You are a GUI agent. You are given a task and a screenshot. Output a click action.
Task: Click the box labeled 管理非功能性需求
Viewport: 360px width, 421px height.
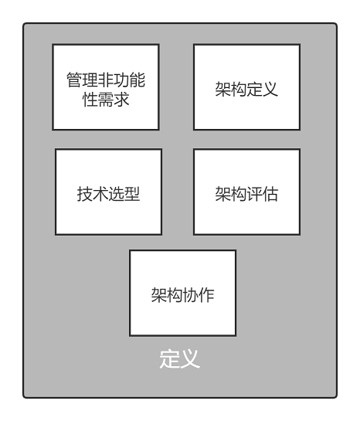(106, 87)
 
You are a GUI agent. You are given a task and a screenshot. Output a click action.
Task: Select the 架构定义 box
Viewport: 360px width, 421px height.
(246, 87)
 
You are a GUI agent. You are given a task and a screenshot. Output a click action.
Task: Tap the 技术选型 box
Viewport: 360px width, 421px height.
(108, 192)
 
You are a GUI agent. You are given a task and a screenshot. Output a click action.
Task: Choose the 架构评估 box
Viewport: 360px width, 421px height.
(246, 192)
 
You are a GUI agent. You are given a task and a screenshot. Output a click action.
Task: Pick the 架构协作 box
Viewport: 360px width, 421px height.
(183, 294)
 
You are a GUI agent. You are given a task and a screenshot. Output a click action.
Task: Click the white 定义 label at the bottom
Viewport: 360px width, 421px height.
(180, 359)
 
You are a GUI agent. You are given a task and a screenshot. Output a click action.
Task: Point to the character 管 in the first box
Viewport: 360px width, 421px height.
(74, 80)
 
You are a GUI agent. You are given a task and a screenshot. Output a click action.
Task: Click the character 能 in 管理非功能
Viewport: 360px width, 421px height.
(138, 80)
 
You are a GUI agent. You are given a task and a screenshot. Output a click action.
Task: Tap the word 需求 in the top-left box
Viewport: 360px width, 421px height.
(114, 100)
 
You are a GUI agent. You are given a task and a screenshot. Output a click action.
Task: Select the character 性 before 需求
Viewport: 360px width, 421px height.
(90, 100)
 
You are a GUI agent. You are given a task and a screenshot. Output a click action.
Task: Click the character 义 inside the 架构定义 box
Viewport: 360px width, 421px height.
(270, 89)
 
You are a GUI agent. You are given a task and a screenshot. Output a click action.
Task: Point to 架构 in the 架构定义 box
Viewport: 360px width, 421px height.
(231, 89)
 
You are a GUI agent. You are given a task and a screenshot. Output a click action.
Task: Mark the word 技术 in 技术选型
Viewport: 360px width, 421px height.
(93, 194)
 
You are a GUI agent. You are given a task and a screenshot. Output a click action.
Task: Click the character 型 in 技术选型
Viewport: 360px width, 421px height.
(132, 194)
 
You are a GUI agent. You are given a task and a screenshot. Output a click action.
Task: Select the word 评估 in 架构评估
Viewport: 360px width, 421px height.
(263, 194)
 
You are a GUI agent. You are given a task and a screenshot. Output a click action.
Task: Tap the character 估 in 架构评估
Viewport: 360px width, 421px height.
(270, 194)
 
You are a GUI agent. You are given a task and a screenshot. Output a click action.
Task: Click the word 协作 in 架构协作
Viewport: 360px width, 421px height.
(199, 295)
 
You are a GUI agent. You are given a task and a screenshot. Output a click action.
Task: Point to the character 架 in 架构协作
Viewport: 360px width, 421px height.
(159, 295)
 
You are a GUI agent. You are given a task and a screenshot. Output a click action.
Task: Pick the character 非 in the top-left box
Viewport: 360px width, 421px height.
(106, 80)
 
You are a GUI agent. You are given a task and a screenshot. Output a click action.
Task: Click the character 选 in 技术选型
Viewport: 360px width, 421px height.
(116, 194)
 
